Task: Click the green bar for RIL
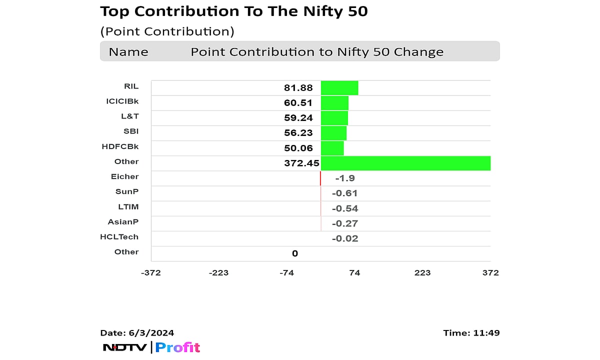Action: click(x=339, y=88)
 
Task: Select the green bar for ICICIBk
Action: click(x=334, y=103)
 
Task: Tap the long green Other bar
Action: click(x=405, y=163)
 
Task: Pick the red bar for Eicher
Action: click(x=320, y=178)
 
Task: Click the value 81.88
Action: click(x=298, y=88)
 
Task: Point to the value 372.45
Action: click(x=301, y=163)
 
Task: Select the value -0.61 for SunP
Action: click(x=345, y=193)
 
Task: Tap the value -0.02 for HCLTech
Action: click(x=345, y=238)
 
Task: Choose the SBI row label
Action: click(x=131, y=131)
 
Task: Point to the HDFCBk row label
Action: click(x=120, y=146)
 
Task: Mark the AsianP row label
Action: click(x=123, y=221)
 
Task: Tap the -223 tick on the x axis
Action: click(x=218, y=272)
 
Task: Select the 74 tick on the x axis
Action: click(x=354, y=272)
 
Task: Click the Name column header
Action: click(x=128, y=52)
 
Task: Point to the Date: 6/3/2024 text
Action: click(x=137, y=333)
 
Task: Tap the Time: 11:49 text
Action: click(x=471, y=333)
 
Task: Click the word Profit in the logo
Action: click(x=177, y=347)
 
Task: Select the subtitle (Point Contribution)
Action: click(x=167, y=31)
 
